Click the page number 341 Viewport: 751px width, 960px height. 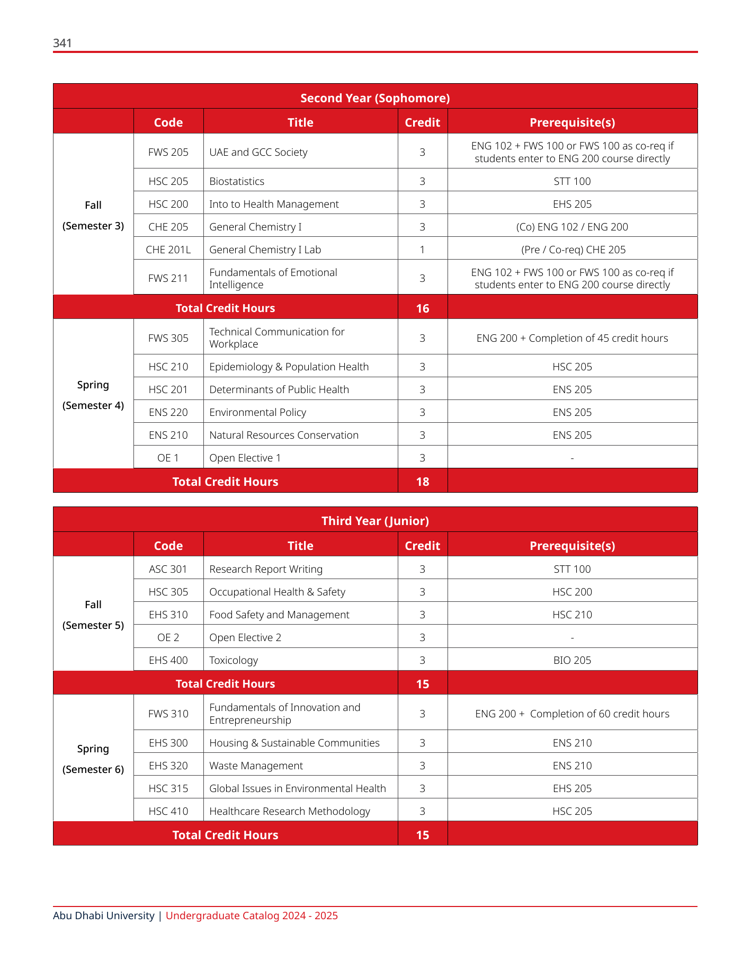coord(62,43)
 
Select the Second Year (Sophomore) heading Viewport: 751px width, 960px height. coord(375,98)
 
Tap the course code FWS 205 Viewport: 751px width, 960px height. coord(168,152)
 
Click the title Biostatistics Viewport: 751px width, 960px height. coord(237,181)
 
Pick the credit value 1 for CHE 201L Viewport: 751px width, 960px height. coord(422,250)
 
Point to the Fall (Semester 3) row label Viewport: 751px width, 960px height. coord(93,215)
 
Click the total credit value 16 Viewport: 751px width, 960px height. coord(422,308)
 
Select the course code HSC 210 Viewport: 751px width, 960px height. coord(168,367)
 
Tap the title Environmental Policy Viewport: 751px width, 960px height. coord(257,412)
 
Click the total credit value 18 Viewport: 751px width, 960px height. coord(422,482)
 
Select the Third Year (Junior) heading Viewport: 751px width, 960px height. coord(375,521)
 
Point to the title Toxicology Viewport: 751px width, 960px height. coord(234,660)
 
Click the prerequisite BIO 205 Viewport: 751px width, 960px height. coord(572,660)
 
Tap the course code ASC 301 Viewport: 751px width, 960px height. coord(168,569)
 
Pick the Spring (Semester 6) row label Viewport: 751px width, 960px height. coord(93,759)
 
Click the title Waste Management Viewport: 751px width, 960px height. coord(256,766)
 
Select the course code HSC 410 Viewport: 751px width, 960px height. coord(168,811)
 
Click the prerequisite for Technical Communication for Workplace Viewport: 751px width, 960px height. coord(572,338)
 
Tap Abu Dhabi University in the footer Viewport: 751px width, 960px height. coord(104,915)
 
